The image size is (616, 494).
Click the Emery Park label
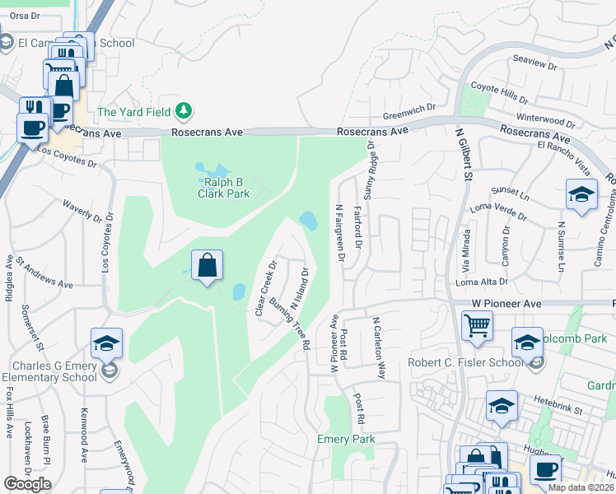coord(346,439)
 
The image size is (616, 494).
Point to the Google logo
coord(27,484)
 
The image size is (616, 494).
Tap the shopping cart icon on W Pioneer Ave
coord(478,325)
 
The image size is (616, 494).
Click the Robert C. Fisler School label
coord(465,362)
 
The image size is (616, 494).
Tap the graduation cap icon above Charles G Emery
coord(107,343)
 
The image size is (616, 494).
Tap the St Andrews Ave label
coord(44,273)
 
